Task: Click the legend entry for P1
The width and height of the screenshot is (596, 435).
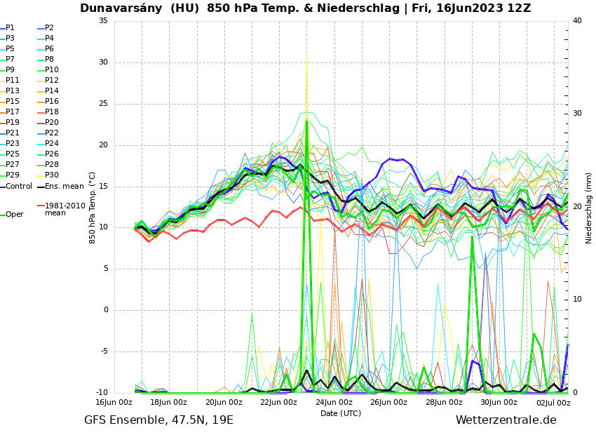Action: click(x=10, y=28)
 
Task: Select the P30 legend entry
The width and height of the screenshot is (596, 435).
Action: click(x=52, y=175)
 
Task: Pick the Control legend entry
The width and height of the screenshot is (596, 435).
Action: click(x=19, y=187)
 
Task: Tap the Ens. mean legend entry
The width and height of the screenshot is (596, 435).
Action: click(x=64, y=187)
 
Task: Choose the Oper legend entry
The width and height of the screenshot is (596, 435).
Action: click(x=14, y=215)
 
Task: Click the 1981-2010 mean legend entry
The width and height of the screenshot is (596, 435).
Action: click(x=65, y=209)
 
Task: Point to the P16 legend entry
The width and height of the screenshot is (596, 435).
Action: click(x=52, y=102)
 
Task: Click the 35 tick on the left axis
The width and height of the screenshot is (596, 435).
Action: click(x=103, y=21)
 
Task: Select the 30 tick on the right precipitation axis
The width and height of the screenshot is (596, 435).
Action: click(x=577, y=114)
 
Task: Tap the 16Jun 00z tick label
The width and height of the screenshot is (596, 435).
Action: click(x=114, y=403)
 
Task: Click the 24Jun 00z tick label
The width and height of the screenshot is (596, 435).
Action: click(x=334, y=403)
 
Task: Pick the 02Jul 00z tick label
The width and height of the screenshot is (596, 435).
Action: click(x=553, y=403)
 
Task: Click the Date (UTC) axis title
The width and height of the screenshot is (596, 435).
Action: click(x=341, y=414)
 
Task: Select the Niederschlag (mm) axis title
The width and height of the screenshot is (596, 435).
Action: click(x=589, y=208)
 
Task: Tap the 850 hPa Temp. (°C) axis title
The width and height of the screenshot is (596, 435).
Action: click(x=93, y=208)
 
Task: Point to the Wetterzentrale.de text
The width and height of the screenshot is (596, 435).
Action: click(x=506, y=420)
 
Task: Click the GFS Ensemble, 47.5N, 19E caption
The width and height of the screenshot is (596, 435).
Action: click(x=158, y=420)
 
